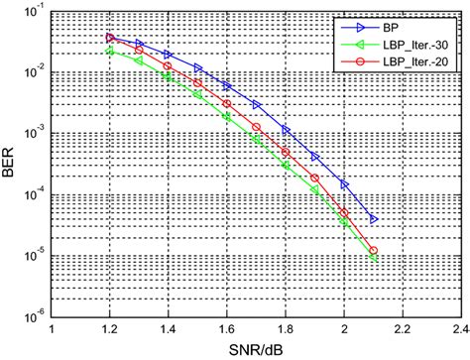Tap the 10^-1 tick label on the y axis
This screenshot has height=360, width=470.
coord(35,12)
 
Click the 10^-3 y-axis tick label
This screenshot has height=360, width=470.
coord(35,134)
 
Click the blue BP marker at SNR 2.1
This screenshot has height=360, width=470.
coord(374,218)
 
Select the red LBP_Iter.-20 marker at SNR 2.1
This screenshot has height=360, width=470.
coord(374,251)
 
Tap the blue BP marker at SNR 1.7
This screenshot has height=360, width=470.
coord(257,104)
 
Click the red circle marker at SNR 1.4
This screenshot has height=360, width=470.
coord(169,67)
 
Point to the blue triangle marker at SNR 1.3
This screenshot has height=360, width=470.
coord(140,45)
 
